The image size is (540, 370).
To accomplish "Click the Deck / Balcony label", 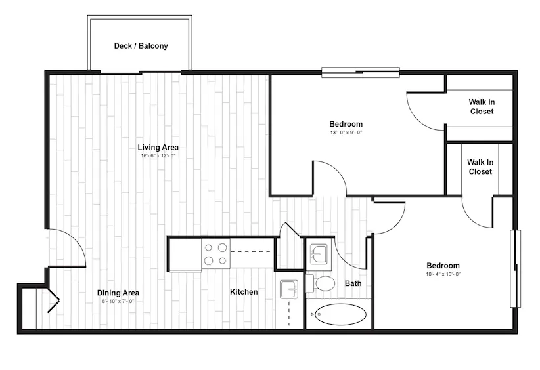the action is [x=141, y=46].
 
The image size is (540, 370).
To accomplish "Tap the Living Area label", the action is [x=158, y=148].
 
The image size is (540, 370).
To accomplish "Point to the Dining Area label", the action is [x=118, y=293].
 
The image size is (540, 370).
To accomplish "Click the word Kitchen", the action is [x=244, y=292].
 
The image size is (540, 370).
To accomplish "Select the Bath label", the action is [x=353, y=283].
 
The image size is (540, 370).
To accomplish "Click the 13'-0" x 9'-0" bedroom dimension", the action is [x=346, y=133].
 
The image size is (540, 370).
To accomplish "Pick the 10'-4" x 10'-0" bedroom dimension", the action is [x=443, y=274].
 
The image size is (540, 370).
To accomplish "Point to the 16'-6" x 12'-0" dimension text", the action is [x=158, y=155].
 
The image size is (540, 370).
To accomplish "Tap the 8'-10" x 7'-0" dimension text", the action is [x=118, y=301].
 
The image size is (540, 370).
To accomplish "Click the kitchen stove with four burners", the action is [x=216, y=254].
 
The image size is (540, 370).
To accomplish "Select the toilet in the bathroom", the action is [x=321, y=283].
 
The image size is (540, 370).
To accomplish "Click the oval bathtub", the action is [x=340, y=314].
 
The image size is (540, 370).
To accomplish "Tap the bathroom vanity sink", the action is [x=319, y=255].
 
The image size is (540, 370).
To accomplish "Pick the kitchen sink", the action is [x=289, y=289].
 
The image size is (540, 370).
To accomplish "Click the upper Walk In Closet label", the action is [x=482, y=106].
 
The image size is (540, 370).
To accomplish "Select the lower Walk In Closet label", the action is [x=480, y=167].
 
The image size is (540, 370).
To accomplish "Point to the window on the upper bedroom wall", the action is [x=361, y=73].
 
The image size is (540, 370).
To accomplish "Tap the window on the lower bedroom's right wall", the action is [x=516, y=268].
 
